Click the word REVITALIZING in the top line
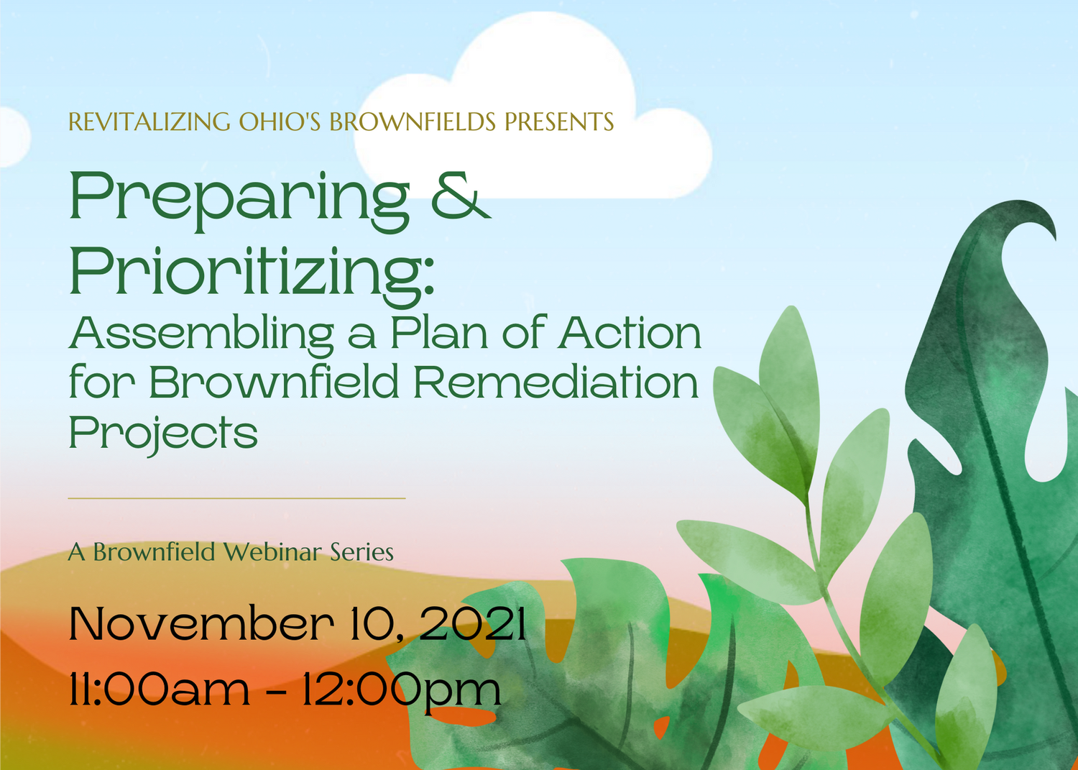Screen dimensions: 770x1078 click(149, 122)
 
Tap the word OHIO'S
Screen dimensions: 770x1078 click(280, 122)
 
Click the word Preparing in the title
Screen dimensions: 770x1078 click(239, 198)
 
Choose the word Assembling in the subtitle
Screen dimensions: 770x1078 click(201, 335)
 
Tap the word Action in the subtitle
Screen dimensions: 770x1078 click(630, 334)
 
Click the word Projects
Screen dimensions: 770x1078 click(163, 433)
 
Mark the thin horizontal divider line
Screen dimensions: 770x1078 click(236, 498)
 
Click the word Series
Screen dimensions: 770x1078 click(361, 552)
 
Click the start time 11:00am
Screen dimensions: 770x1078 click(159, 689)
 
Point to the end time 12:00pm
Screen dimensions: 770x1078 click(400, 689)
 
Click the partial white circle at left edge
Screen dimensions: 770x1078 click(13, 137)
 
